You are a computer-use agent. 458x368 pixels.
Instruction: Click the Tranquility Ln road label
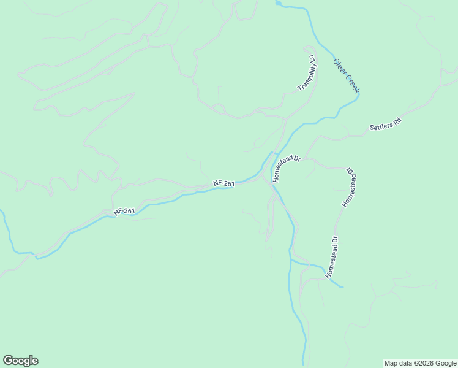[306, 73]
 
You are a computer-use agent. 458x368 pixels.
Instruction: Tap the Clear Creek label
[346, 76]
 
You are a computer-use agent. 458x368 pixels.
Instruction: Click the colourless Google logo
[20, 361]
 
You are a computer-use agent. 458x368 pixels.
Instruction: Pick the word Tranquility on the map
[305, 77]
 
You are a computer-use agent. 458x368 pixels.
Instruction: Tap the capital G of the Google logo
[8, 361]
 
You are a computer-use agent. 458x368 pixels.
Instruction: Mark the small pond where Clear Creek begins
[279, 4]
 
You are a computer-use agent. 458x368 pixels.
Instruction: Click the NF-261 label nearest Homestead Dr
[224, 183]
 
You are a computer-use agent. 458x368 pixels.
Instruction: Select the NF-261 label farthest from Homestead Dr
[124, 211]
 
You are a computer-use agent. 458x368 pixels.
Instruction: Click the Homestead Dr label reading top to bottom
[350, 186]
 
